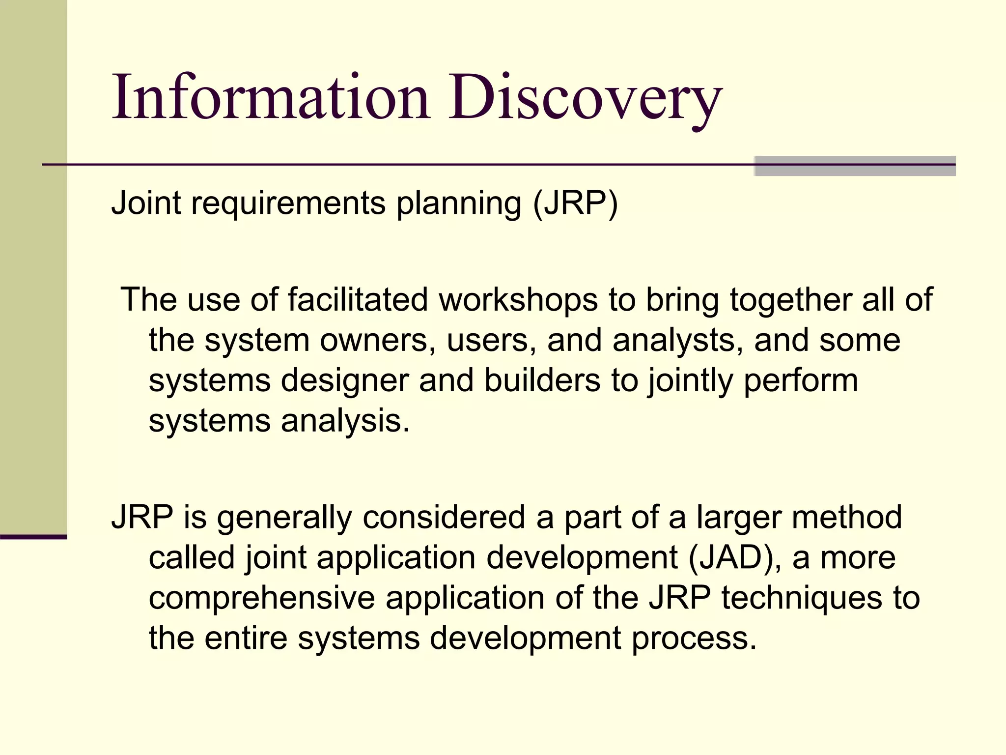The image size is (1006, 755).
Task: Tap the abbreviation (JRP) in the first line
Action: point(575,203)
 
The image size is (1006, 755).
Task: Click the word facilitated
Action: point(358,299)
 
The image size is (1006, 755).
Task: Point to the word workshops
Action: point(518,299)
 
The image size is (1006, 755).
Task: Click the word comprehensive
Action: point(262,598)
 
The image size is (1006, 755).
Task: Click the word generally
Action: point(284,518)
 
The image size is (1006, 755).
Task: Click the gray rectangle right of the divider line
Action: point(855,166)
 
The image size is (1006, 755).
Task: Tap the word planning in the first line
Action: point(459,203)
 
